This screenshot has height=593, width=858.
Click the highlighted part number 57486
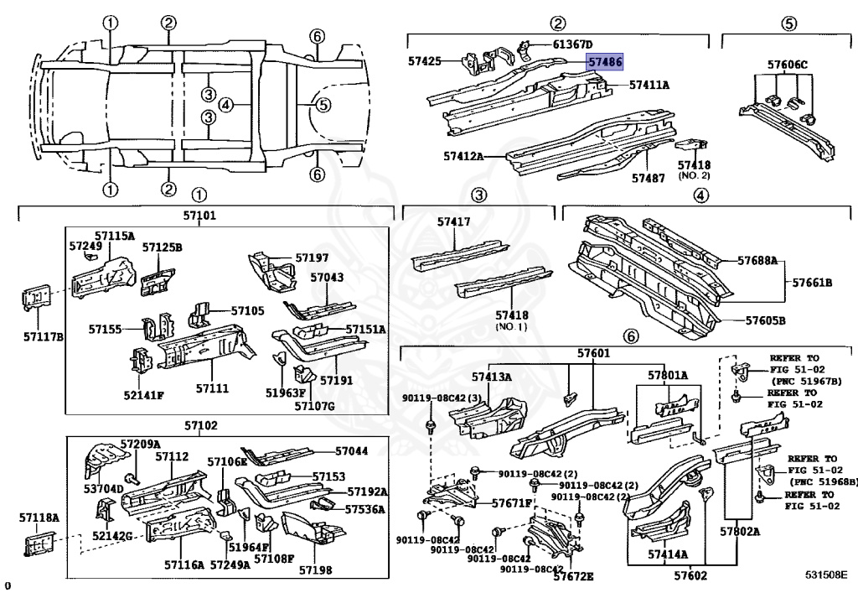[603, 62]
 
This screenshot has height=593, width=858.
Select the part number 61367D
[571, 44]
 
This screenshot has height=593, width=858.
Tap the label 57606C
[788, 64]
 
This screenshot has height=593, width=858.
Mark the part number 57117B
[42, 337]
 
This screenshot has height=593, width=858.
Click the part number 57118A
[39, 519]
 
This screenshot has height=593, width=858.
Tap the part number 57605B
[765, 320]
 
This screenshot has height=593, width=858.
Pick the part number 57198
[316, 570]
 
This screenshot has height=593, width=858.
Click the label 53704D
[104, 488]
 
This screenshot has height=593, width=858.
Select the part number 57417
[453, 222]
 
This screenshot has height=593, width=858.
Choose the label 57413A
[492, 377]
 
